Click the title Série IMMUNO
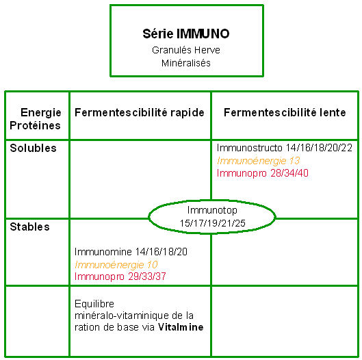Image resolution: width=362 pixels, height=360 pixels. (186, 34)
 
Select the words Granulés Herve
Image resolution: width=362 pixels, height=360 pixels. (186, 50)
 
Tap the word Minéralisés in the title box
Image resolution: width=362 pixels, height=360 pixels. (186, 63)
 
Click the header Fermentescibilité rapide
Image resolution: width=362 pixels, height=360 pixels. (140, 113)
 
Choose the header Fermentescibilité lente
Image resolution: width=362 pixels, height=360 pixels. (285, 112)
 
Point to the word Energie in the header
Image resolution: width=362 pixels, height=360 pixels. (41, 113)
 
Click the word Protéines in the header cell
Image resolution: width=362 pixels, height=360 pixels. (35, 126)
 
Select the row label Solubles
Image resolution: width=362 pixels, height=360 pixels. (34, 148)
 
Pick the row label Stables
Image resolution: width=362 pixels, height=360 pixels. (30, 227)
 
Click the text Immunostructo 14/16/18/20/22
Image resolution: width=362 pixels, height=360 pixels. (285, 148)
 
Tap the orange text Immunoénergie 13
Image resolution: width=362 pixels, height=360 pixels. (259, 161)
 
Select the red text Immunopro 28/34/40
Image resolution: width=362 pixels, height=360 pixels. (263, 173)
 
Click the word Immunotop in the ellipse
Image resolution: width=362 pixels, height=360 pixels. (212, 210)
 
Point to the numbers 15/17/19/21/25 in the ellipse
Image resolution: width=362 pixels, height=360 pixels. (212, 223)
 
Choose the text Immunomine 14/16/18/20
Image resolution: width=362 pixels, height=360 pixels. (131, 252)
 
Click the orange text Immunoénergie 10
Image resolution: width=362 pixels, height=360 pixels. (116, 265)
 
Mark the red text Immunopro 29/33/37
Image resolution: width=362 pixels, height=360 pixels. (120, 277)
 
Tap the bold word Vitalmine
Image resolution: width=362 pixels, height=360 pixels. (181, 327)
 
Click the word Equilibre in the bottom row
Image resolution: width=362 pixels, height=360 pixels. (94, 304)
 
